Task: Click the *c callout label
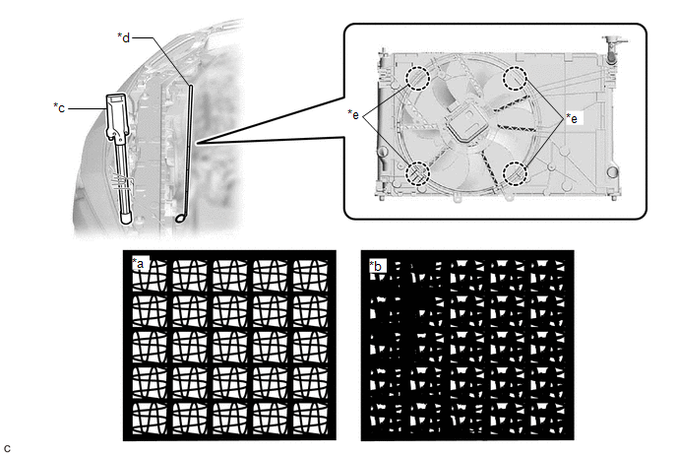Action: [x=59, y=107]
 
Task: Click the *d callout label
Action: [x=123, y=37]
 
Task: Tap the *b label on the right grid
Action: [x=376, y=266]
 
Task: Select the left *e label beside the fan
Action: [x=353, y=114]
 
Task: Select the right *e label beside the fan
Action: [x=572, y=118]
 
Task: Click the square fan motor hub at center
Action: [x=466, y=124]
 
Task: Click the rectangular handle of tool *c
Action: [x=116, y=116]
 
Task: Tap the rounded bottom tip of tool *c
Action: [x=125, y=218]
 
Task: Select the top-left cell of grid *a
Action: [x=149, y=276]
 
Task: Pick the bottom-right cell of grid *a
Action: [x=310, y=419]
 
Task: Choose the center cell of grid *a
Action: [x=229, y=347]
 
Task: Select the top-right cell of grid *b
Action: [x=548, y=276]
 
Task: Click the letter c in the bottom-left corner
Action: [x=7, y=448]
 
